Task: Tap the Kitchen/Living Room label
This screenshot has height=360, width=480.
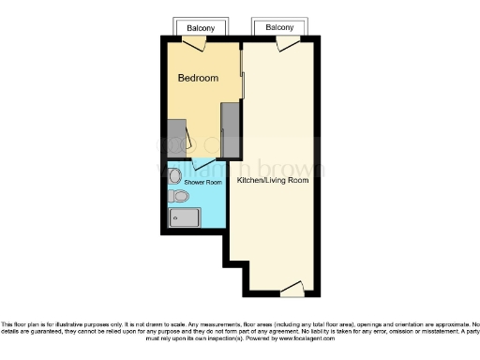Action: pyautogui.click(x=273, y=179)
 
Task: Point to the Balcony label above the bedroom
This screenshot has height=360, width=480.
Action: pyautogui.click(x=201, y=28)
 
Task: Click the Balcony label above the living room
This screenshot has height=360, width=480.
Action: pyautogui.click(x=279, y=28)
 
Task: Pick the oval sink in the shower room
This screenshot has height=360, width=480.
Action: pyautogui.click(x=175, y=175)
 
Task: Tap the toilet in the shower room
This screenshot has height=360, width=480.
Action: pyautogui.click(x=180, y=196)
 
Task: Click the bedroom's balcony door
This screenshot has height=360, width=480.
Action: pyautogui.click(x=201, y=43)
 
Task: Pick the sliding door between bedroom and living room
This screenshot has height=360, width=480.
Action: pyautogui.click(x=242, y=75)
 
